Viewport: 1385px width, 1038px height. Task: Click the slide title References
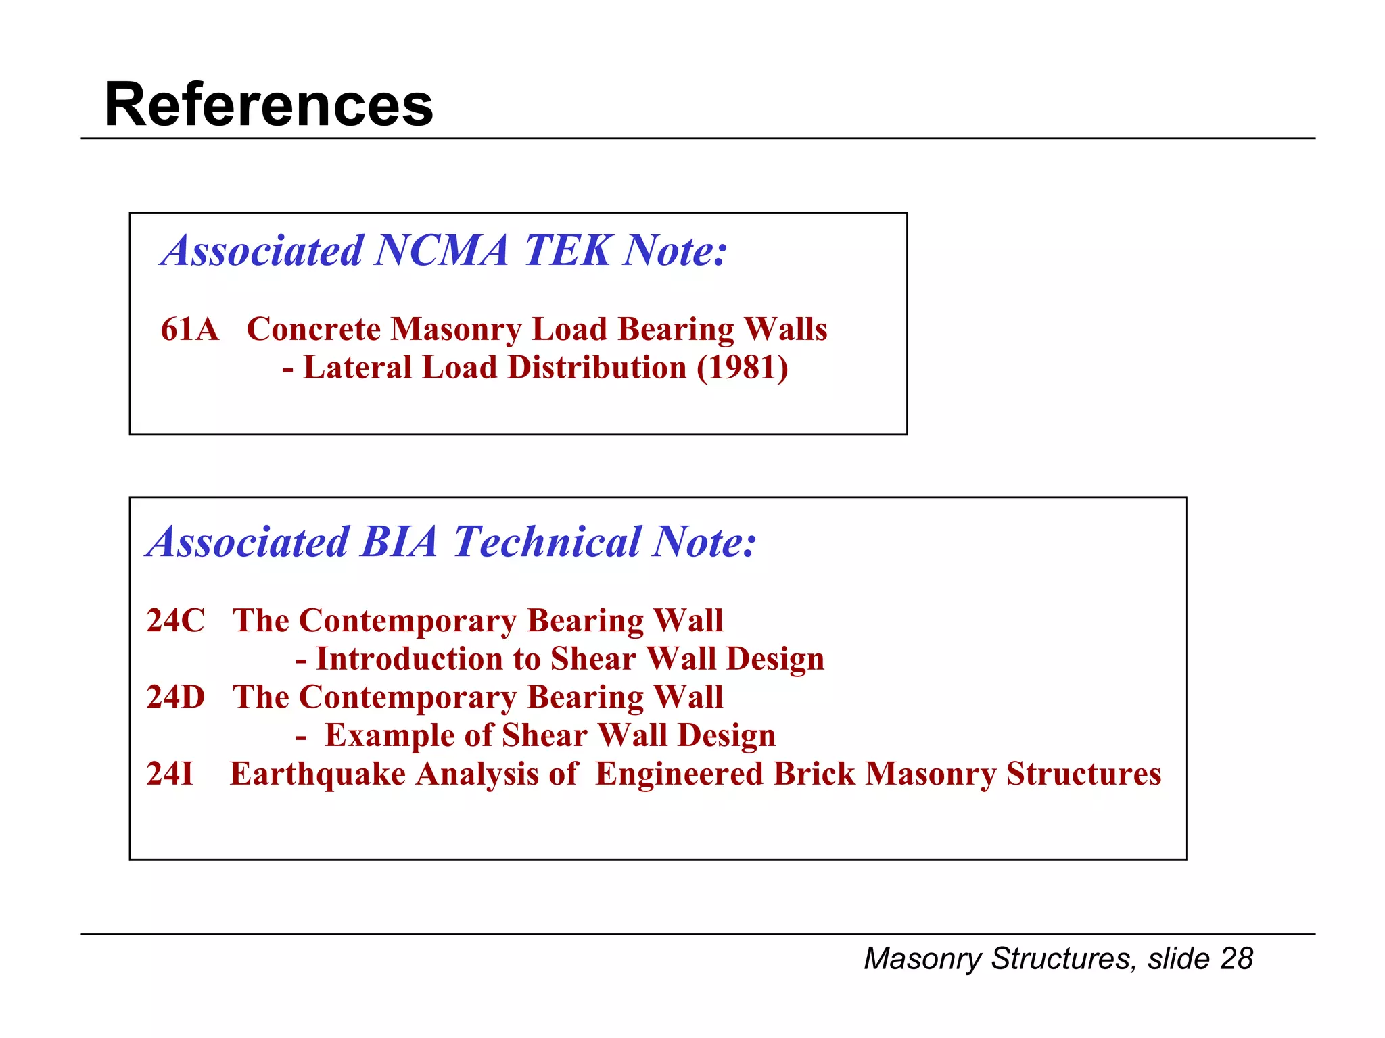pyautogui.click(x=268, y=105)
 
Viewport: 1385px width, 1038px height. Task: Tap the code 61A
pyautogui.click(x=190, y=330)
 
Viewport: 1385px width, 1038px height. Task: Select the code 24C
pyautogui.click(x=175, y=620)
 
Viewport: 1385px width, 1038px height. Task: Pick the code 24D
pyautogui.click(x=175, y=697)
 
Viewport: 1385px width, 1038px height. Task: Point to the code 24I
pyautogui.click(x=170, y=774)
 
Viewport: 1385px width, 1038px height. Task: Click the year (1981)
pyautogui.click(x=743, y=368)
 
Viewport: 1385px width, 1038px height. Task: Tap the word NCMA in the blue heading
pyautogui.click(x=441, y=251)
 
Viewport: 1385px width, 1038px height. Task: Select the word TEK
pyautogui.click(x=568, y=251)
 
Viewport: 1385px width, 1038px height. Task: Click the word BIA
pyautogui.click(x=400, y=542)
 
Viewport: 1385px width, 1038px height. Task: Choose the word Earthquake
pyautogui.click(x=317, y=774)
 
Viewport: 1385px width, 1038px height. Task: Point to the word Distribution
pyautogui.click(x=597, y=368)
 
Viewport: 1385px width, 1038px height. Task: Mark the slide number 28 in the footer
pyautogui.click(x=1236, y=959)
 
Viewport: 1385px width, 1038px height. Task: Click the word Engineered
pyautogui.click(x=679, y=774)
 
